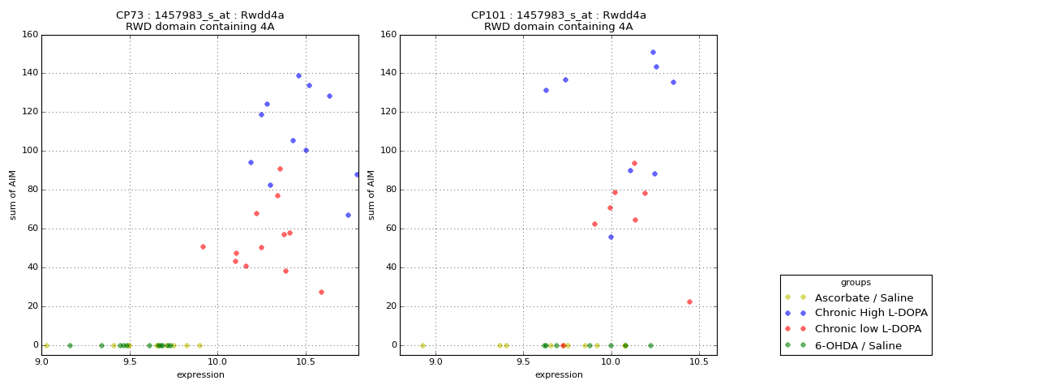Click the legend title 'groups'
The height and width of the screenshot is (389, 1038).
click(856, 282)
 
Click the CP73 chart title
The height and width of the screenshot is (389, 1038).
click(199, 15)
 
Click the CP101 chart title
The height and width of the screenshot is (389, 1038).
click(558, 15)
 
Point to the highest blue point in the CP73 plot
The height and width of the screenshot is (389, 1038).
click(298, 75)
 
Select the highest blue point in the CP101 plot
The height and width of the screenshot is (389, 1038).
click(653, 52)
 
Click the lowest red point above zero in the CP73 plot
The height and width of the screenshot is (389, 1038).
click(321, 292)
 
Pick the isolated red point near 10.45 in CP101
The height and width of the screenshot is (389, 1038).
click(689, 301)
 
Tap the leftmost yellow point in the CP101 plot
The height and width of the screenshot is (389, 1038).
click(422, 345)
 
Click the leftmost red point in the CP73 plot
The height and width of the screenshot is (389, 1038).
click(203, 246)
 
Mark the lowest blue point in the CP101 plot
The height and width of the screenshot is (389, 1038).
click(611, 237)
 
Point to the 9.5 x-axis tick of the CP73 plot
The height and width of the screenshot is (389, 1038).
click(129, 361)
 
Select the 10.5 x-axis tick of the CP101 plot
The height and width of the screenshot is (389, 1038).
click(699, 361)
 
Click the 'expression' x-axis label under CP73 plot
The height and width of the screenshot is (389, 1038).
click(199, 374)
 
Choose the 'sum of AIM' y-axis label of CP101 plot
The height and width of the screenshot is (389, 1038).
click(371, 194)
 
